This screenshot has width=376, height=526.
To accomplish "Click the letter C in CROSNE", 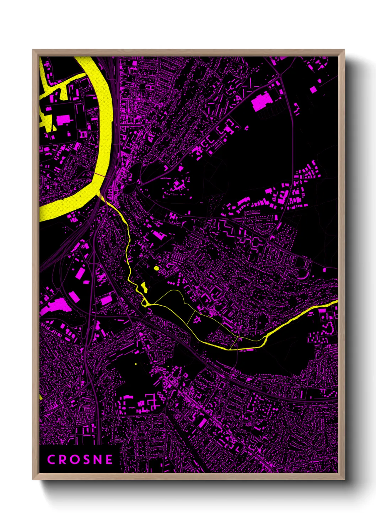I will point(51,460).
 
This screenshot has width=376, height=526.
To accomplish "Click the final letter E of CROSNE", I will point(109,460).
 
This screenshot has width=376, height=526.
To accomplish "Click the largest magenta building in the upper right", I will point(261,101).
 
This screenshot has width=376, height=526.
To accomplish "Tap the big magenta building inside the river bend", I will point(63,120).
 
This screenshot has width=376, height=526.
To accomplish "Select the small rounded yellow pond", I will point(156,268).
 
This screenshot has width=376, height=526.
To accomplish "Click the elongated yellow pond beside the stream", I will point(144,287).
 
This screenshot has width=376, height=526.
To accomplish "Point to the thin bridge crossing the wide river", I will point(100,175).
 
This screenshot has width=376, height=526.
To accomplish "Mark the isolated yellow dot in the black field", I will point(135,364).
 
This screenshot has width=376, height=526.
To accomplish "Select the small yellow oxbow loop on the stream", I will point(145,303).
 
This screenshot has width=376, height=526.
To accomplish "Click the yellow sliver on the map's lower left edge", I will point(41,396).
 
